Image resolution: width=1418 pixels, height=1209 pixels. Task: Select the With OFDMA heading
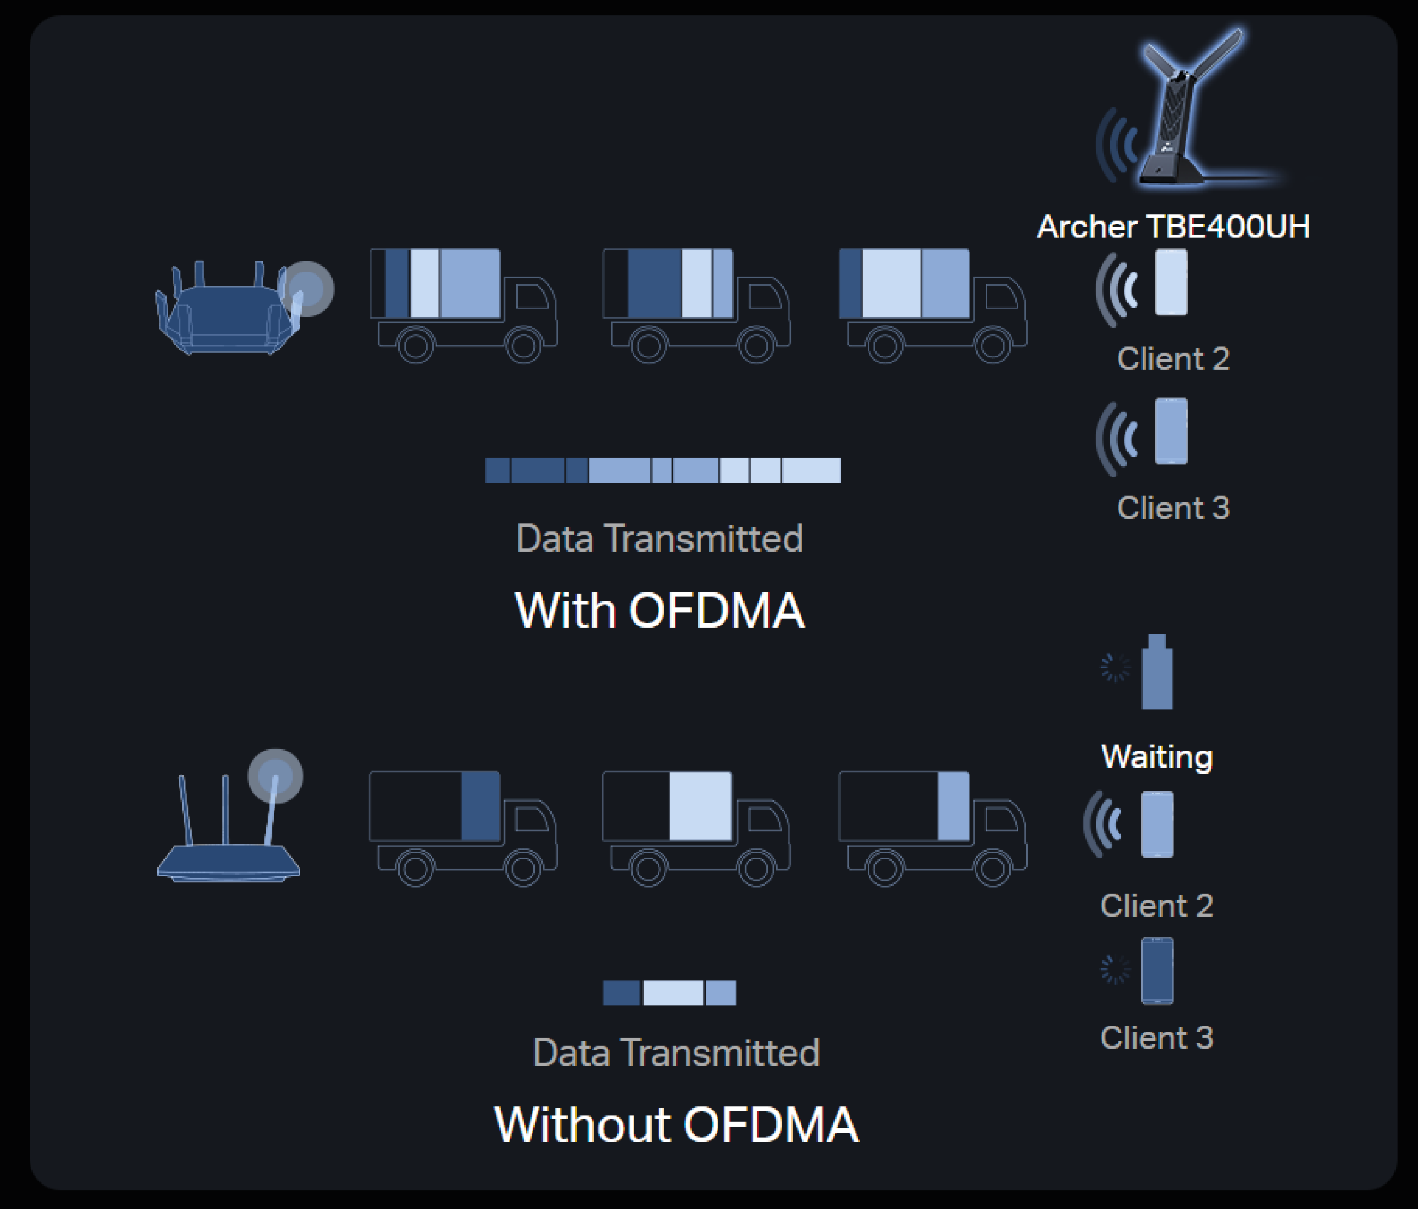[x=659, y=610]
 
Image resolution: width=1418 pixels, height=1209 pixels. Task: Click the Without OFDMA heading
[x=676, y=1125]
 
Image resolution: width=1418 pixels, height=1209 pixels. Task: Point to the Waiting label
[x=1157, y=756]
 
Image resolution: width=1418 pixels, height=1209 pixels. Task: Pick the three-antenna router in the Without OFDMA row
[x=229, y=835]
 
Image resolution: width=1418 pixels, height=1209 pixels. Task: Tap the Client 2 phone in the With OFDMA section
[x=1171, y=282]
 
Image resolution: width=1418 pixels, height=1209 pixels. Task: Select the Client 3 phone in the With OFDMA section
[x=1171, y=431]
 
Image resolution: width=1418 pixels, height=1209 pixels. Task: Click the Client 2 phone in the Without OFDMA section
[x=1157, y=825]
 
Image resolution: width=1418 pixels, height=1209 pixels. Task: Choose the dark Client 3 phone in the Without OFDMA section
[x=1157, y=971]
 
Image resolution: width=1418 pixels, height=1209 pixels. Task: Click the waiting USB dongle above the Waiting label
[x=1157, y=673]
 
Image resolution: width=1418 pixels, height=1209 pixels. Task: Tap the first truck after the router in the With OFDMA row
[x=463, y=305]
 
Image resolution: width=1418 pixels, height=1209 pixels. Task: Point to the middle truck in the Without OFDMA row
[x=695, y=828]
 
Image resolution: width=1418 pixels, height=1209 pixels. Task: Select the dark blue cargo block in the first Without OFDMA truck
[x=480, y=806]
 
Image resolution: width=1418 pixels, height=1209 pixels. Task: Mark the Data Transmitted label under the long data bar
[x=659, y=539]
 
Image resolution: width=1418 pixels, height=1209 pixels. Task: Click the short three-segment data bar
[x=669, y=993]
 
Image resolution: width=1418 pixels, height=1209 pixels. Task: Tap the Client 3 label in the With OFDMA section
[x=1173, y=508]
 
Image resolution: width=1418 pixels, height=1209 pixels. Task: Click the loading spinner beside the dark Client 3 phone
[x=1114, y=970]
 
